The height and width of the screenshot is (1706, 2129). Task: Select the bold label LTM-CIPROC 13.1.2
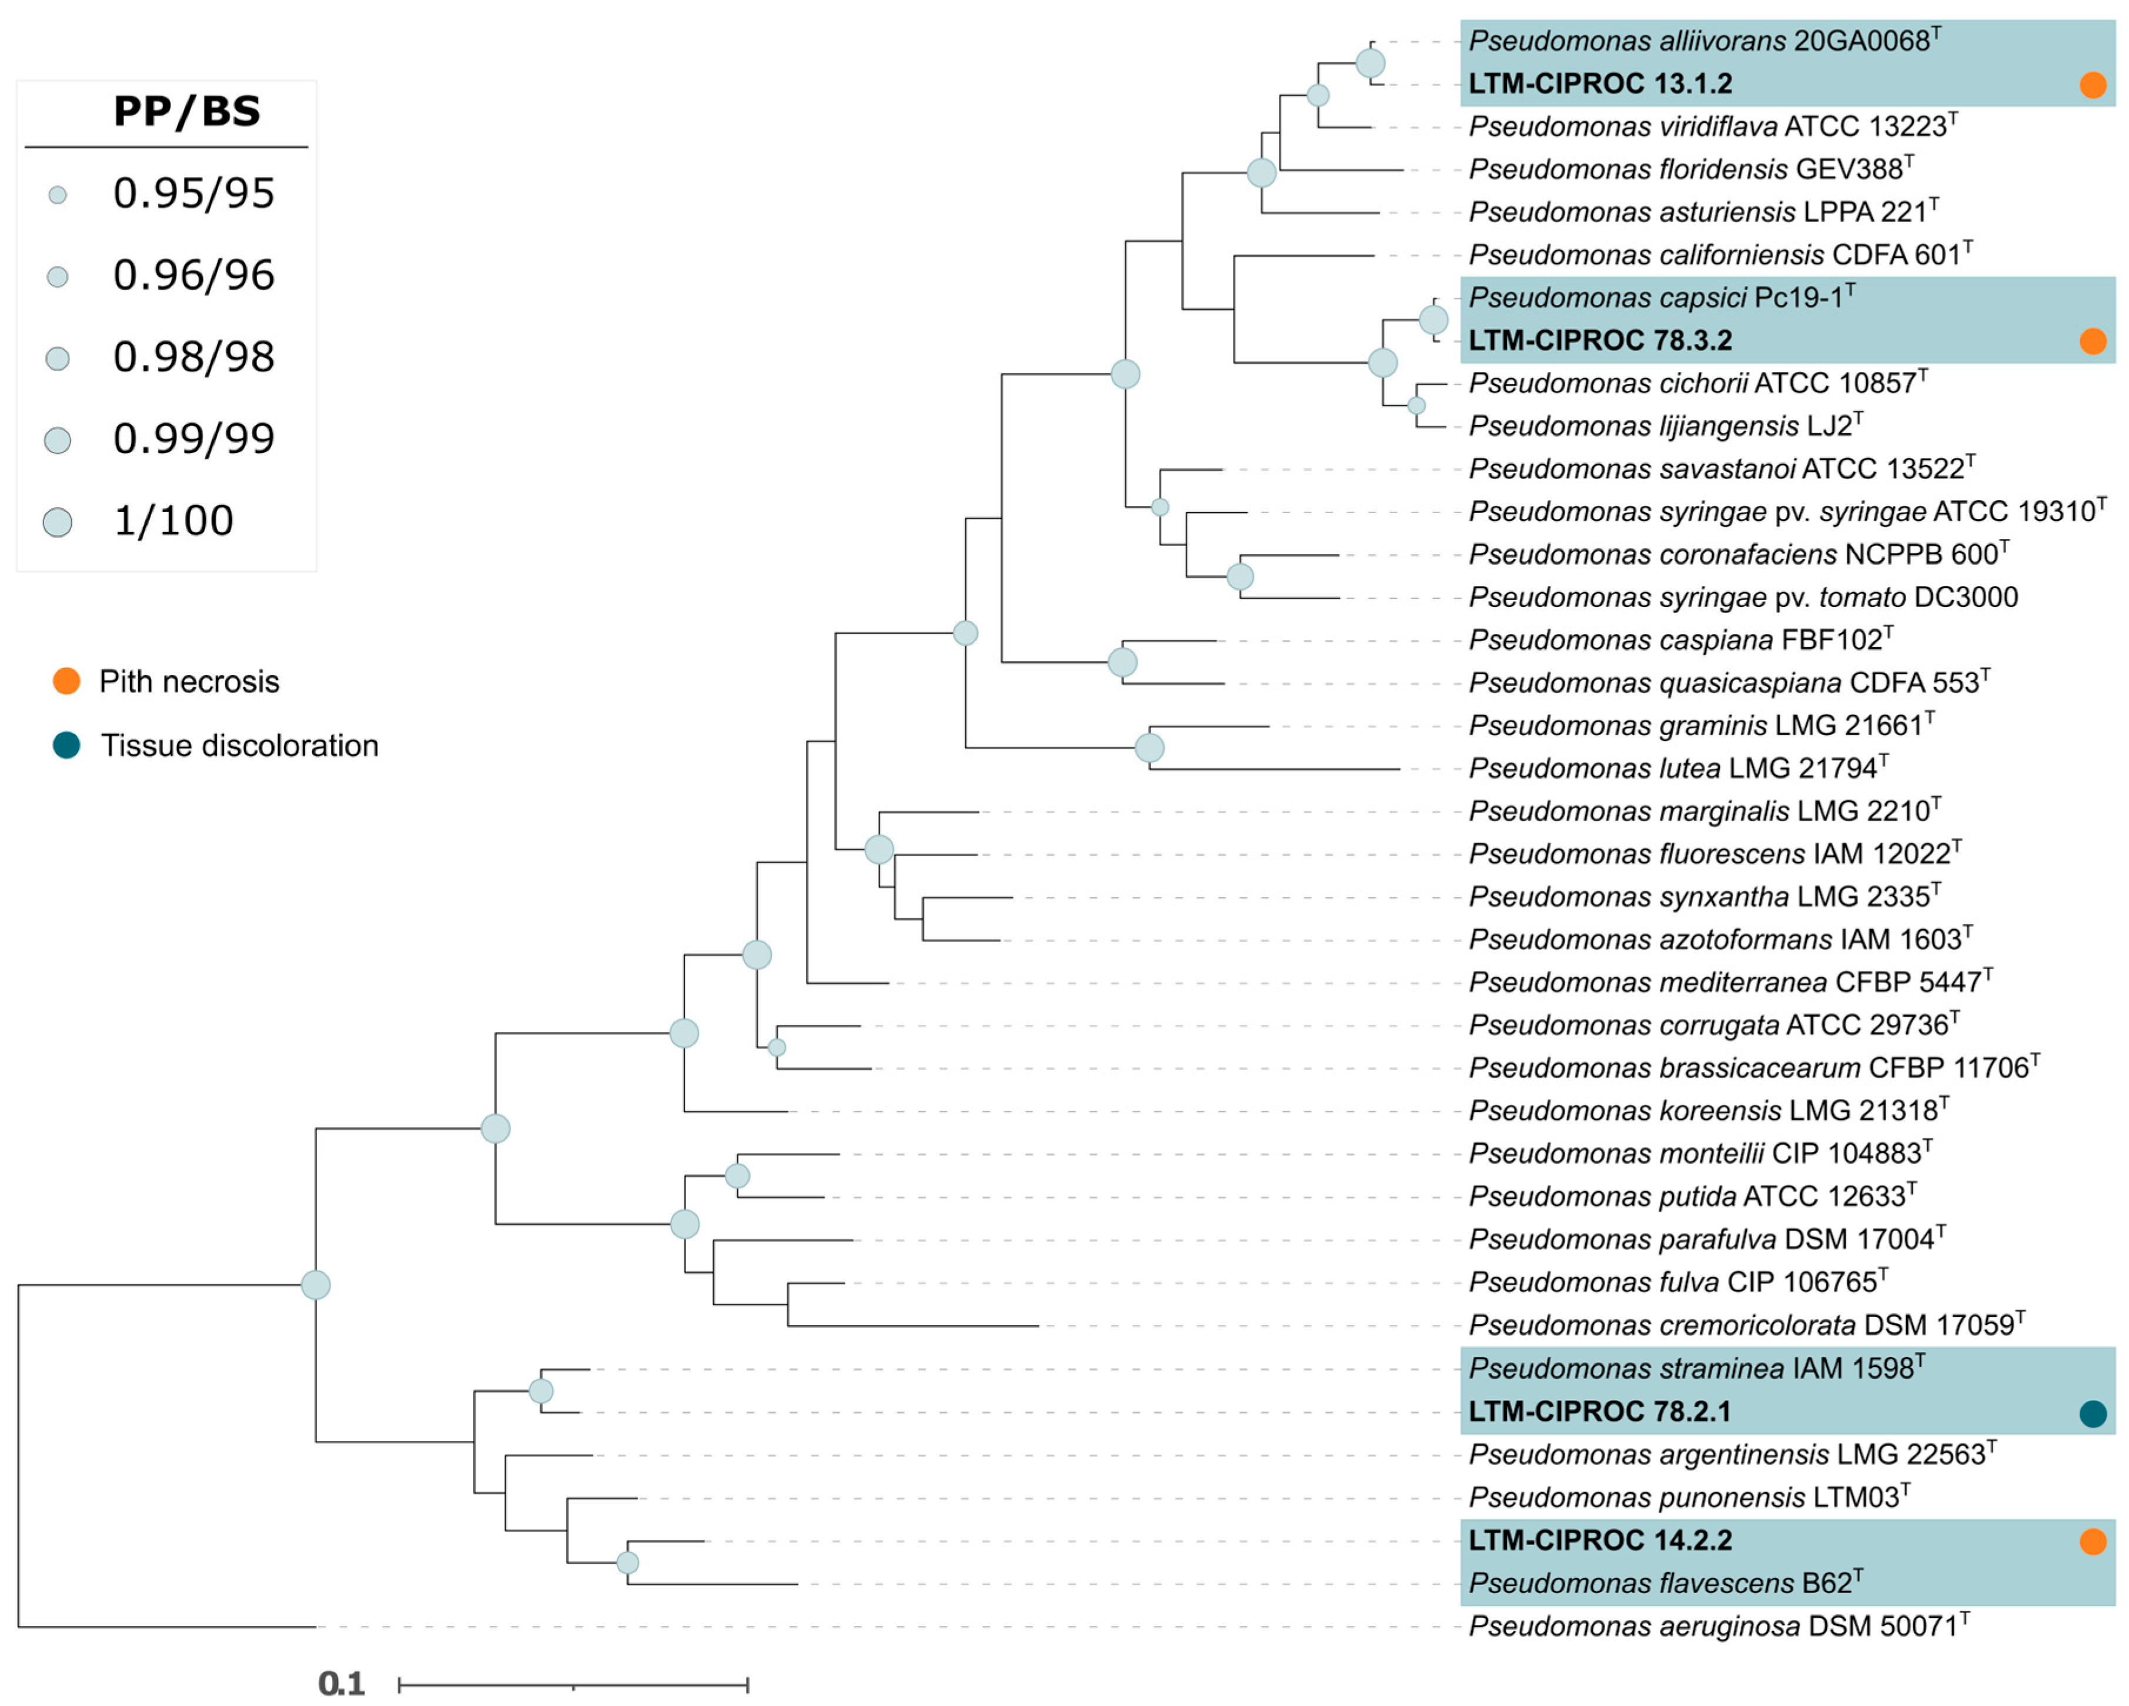click(x=1600, y=84)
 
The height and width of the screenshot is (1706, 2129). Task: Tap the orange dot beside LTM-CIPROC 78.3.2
click(x=2093, y=341)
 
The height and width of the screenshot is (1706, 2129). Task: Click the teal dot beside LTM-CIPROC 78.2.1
click(x=2093, y=1414)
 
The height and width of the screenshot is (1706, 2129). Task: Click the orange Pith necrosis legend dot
click(x=66, y=681)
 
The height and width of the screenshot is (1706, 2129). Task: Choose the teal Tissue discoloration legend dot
click(x=66, y=745)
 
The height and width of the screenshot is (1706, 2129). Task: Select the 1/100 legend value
click(x=174, y=520)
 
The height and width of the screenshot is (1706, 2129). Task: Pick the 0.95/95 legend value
click(x=193, y=193)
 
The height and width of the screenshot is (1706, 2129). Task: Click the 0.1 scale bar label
click(x=340, y=1683)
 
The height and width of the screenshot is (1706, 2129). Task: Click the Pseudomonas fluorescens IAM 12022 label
click(x=1713, y=854)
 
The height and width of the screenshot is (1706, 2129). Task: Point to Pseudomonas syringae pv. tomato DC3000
click(x=1743, y=597)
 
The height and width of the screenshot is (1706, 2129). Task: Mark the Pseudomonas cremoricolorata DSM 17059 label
click(x=1745, y=1325)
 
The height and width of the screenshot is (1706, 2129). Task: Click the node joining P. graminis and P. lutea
click(x=1149, y=748)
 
